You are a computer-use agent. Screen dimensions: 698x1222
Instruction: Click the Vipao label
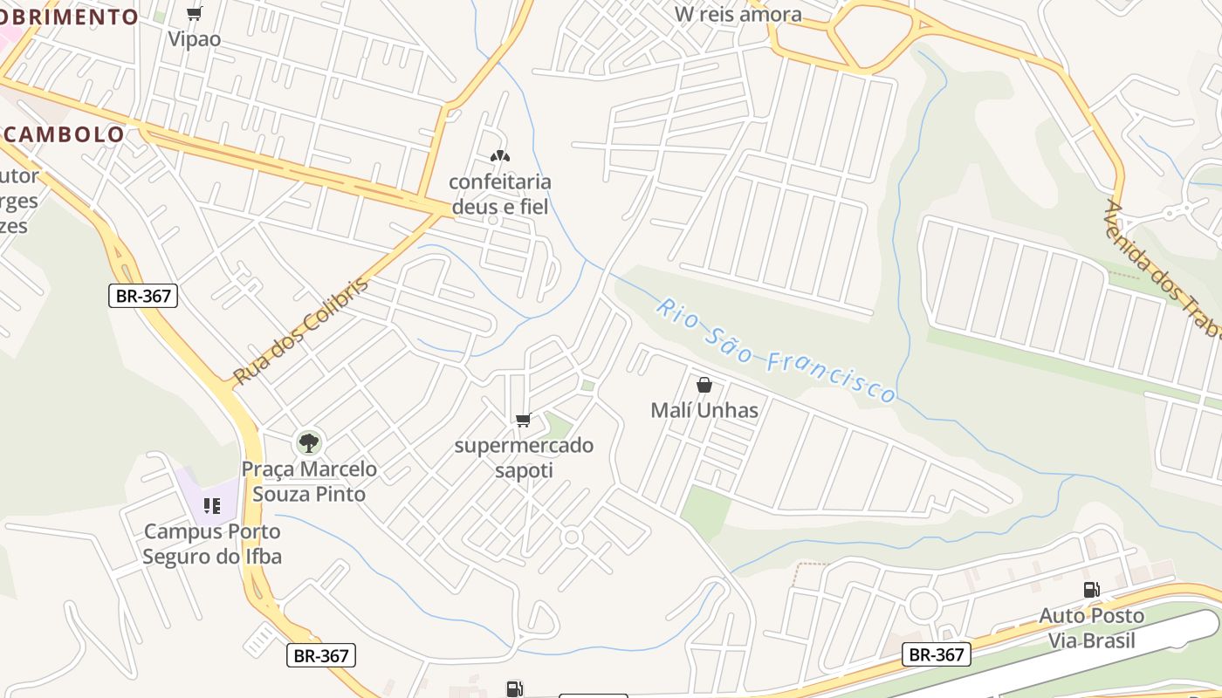(195, 39)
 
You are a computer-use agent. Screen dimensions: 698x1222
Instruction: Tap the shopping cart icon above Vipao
(195, 13)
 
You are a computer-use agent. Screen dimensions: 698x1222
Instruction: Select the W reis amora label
(738, 14)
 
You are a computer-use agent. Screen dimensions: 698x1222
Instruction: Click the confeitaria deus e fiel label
(500, 194)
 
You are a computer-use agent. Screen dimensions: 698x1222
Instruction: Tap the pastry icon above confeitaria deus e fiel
(499, 157)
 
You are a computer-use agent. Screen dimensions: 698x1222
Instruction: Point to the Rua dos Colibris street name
(301, 332)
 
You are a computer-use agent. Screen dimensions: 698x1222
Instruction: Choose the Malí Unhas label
(704, 410)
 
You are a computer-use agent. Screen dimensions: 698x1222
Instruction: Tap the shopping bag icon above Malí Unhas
(704, 385)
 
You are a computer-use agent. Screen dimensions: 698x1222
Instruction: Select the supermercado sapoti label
(524, 458)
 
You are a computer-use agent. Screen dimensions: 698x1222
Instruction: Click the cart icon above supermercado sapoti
(524, 421)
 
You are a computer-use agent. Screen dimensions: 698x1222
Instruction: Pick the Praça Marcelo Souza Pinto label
(309, 482)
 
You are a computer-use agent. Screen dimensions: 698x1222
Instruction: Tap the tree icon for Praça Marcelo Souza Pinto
(308, 442)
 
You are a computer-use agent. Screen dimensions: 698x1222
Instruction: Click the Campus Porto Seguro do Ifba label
(212, 544)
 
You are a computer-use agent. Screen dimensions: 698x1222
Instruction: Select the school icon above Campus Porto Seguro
(212, 506)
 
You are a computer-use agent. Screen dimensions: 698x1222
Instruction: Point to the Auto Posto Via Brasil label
(1091, 628)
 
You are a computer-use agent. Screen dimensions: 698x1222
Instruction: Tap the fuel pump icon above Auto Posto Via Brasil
(1091, 590)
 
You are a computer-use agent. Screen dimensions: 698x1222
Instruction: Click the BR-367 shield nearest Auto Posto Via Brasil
(937, 654)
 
